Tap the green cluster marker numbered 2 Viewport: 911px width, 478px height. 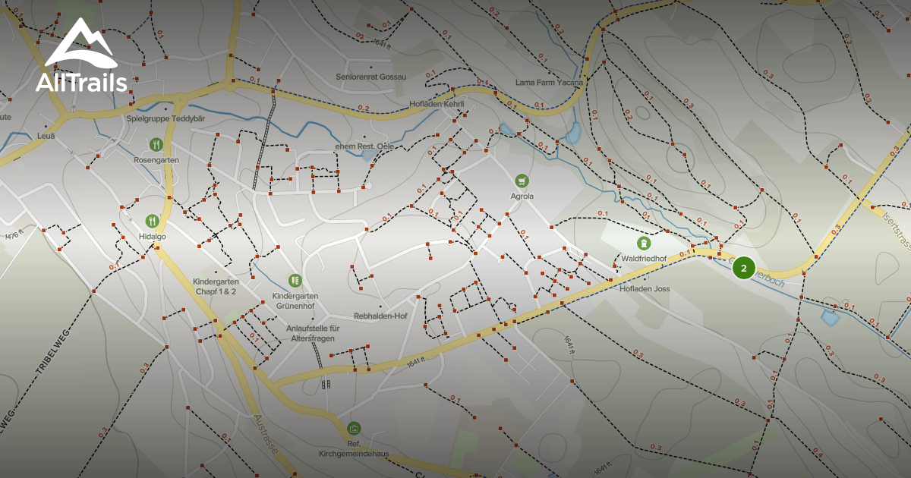pyautogui.click(x=744, y=268)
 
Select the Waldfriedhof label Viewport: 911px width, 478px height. pyautogui.click(x=644, y=259)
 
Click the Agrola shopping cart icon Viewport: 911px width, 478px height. pyautogui.click(x=522, y=180)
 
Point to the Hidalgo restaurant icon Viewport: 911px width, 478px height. pyautogui.click(x=153, y=221)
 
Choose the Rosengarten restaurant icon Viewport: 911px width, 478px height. pyautogui.click(x=156, y=144)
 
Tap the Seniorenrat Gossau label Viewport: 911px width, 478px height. pyautogui.click(x=371, y=77)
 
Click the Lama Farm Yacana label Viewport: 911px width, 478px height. pyautogui.click(x=549, y=82)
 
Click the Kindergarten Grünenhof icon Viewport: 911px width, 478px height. pyautogui.click(x=295, y=280)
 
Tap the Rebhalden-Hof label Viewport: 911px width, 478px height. pyautogui.click(x=380, y=316)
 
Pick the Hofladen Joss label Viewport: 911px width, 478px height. pyautogui.click(x=645, y=288)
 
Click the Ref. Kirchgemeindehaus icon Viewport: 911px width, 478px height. pyautogui.click(x=353, y=428)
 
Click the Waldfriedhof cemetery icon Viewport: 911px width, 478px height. pyautogui.click(x=644, y=243)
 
